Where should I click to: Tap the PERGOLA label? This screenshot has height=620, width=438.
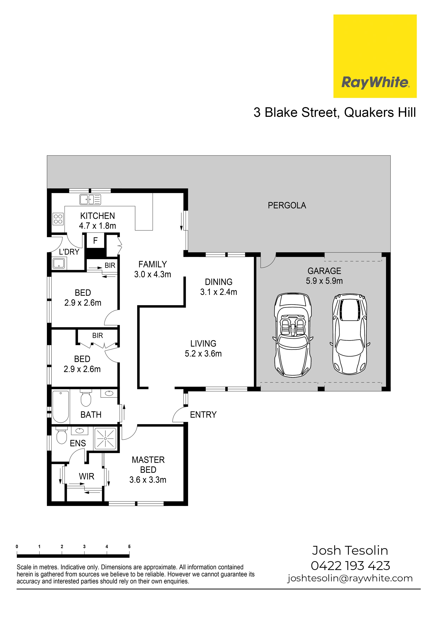click(x=287, y=206)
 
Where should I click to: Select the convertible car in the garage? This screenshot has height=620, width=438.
click(x=293, y=335)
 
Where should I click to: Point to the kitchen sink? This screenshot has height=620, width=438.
click(x=90, y=200)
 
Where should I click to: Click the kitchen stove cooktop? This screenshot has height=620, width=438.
click(x=58, y=219)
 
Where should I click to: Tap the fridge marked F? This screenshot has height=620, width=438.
click(x=95, y=241)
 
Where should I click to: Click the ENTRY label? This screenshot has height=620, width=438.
click(x=203, y=415)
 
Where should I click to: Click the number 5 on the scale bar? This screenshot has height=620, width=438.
click(x=129, y=546)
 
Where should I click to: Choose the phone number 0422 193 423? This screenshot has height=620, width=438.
click(x=350, y=566)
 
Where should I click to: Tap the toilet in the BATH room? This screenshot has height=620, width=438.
click(x=86, y=398)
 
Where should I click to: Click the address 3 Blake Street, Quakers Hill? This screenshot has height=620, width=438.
click(x=335, y=112)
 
